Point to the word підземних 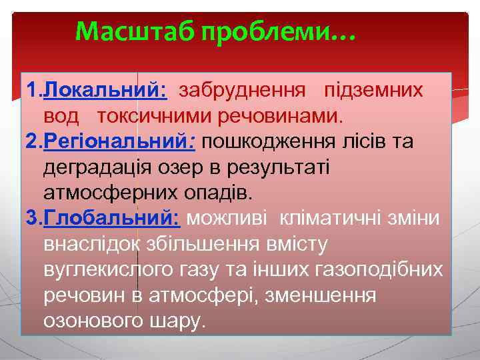(x=373, y=90)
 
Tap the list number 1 (x=31, y=90)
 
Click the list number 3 (x=31, y=219)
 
